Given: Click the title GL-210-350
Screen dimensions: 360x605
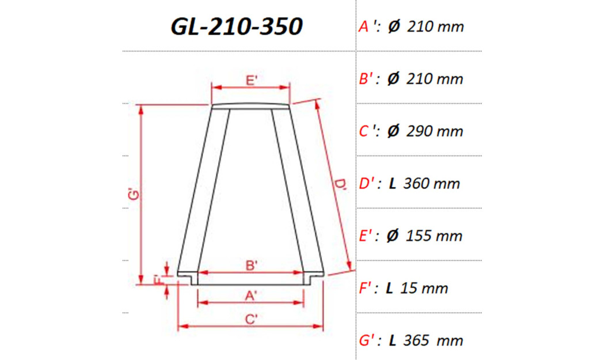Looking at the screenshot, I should pyautogui.click(x=237, y=26).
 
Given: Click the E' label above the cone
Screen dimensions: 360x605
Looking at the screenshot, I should pyautogui.click(x=251, y=81).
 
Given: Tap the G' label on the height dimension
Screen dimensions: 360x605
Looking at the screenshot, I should pyautogui.click(x=134, y=195).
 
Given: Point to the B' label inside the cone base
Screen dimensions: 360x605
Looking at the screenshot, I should pyautogui.click(x=251, y=266).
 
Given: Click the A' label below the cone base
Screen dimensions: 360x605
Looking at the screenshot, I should pyautogui.click(x=251, y=295).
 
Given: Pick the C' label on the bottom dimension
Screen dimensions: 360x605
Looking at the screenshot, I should pyautogui.click(x=251, y=319).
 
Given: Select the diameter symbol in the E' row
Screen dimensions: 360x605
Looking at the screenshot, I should pyautogui.click(x=393, y=236).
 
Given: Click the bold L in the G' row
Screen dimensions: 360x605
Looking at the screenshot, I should pyautogui.click(x=392, y=340).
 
